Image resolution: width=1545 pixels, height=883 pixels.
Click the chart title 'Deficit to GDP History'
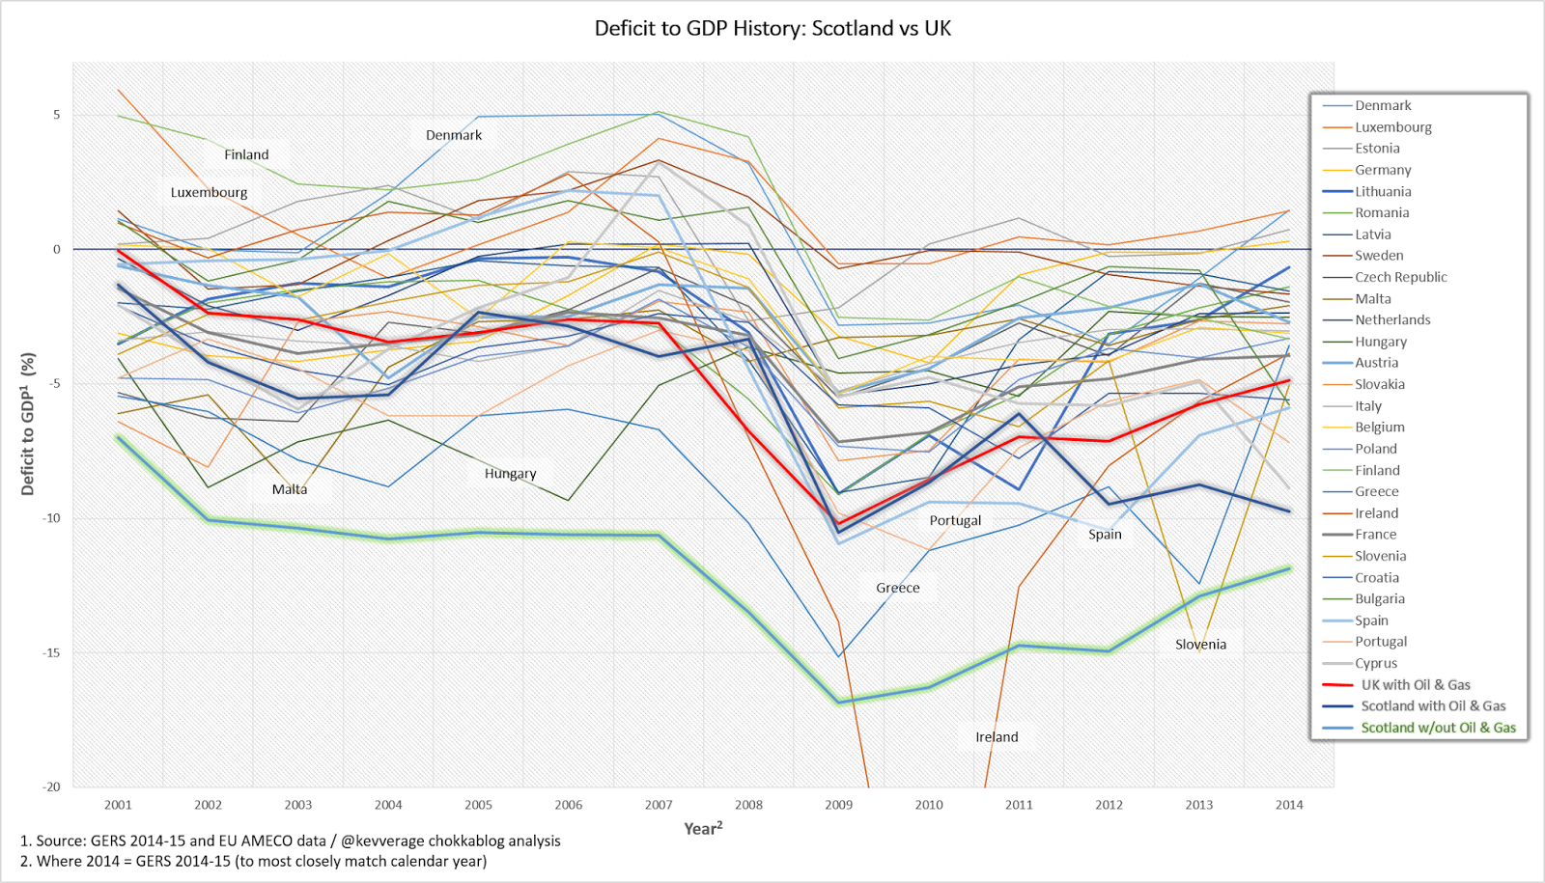pyautogui.click(x=772, y=28)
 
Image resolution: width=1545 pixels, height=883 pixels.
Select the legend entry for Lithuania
pyautogui.click(x=1383, y=191)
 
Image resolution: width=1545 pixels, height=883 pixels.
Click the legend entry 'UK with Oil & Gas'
pyautogui.click(x=1415, y=684)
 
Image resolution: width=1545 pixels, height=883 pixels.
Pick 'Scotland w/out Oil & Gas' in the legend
pyautogui.click(x=1438, y=728)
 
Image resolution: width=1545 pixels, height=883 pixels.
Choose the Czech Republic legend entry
pyautogui.click(x=1400, y=277)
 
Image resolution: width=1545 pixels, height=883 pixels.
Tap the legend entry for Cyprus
pyautogui.click(x=1375, y=663)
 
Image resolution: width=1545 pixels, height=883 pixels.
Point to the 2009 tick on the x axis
pyautogui.click(x=838, y=805)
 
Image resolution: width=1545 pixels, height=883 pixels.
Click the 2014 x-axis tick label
pyautogui.click(x=1289, y=805)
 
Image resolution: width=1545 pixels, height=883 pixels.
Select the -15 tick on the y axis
pyautogui.click(x=50, y=652)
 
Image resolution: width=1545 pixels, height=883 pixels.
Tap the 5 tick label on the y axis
pyautogui.click(x=57, y=115)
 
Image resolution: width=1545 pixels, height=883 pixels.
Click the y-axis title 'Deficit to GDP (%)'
pyautogui.click(x=28, y=425)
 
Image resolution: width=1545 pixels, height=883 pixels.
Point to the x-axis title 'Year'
pyautogui.click(x=702, y=829)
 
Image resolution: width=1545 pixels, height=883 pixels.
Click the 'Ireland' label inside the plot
pyautogui.click(x=997, y=737)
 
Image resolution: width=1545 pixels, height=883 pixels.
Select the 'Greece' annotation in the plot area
pyautogui.click(x=898, y=588)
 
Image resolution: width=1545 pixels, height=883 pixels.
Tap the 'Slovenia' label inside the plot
pyautogui.click(x=1200, y=645)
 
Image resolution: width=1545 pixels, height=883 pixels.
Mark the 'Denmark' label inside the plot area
pyautogui.click(x=454, y=135)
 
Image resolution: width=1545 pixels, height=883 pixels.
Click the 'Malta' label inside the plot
pyautogui.click(x=290, y=489)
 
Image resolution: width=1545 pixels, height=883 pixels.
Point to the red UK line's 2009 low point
pyautogui.click(x=839, y=524)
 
